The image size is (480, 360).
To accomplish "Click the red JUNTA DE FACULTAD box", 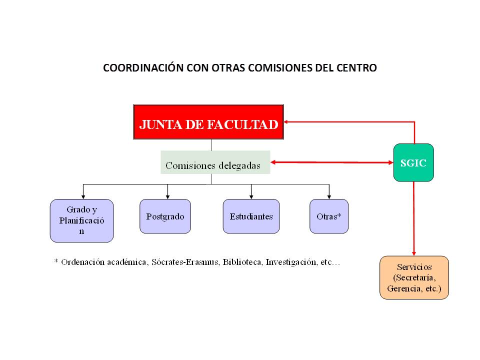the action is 208,122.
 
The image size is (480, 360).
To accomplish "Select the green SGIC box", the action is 413,162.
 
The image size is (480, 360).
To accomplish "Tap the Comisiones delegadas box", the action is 215,162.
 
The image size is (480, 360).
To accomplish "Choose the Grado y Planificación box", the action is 81,220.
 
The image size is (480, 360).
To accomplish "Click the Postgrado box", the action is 165,216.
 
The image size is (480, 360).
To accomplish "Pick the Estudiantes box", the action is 251,216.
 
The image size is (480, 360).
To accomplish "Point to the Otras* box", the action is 329,216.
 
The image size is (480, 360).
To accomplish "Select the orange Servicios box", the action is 414,277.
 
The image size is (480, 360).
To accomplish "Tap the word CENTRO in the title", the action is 356,67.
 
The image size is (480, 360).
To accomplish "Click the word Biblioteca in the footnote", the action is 242,262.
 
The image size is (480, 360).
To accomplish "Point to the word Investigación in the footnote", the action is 291,262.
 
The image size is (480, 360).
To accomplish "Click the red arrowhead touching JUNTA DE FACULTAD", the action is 286,122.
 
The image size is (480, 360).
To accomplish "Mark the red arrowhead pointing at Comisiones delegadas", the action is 273,162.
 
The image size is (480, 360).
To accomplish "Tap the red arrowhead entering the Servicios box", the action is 414,254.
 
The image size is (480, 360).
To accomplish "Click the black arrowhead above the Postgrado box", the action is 168,197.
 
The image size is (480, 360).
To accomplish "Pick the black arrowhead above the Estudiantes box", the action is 251,197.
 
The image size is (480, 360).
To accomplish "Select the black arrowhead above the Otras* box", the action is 329,197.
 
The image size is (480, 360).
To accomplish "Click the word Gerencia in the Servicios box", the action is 404,288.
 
